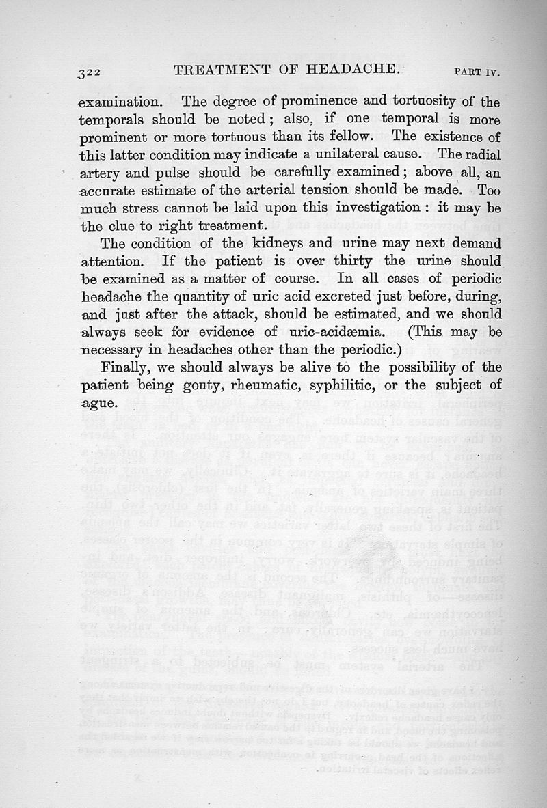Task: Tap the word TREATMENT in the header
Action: (217, 69)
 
